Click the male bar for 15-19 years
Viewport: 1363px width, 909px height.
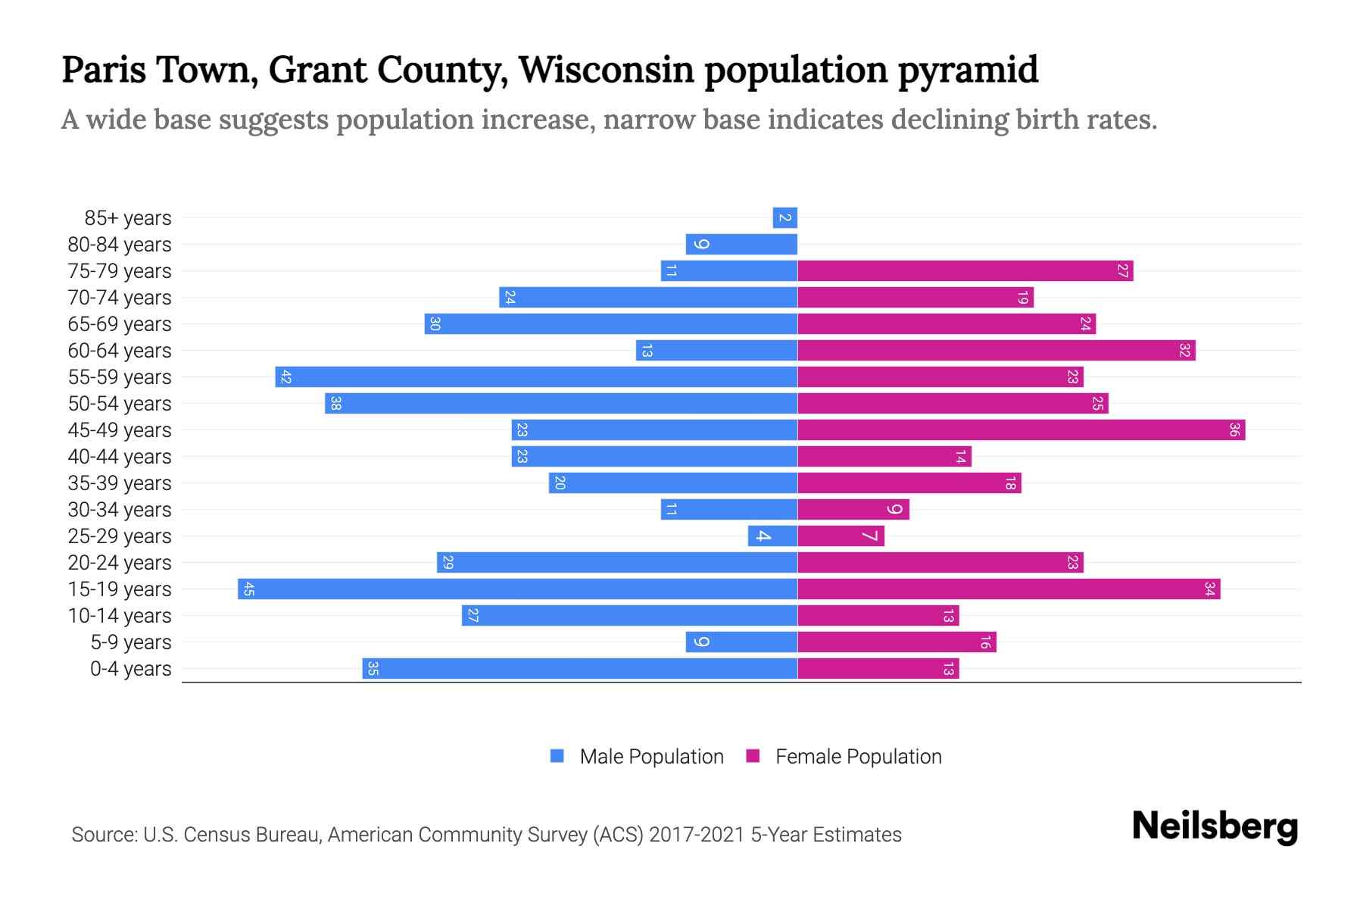[x=517, y=589]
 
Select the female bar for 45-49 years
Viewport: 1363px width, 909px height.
[x=1021, y=430]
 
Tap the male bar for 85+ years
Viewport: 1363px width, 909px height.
[x=784, y=217]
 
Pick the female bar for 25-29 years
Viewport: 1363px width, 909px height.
[x=841, y=536]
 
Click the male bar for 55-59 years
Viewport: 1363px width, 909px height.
[x=536, y=376]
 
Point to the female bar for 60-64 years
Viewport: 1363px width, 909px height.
[x=996, y=350]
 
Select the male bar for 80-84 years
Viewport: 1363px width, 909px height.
[x=741, y=244]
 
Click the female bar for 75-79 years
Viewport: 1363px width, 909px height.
[x=965, y=270]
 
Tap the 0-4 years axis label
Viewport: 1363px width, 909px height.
[x=130, y=669]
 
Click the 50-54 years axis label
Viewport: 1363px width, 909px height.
[x=120, y=404]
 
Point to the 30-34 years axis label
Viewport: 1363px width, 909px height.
[x=120, y=510]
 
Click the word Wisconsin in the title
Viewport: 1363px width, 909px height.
[x=606, y=70]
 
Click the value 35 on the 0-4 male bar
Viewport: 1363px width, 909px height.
[x=373, y=668]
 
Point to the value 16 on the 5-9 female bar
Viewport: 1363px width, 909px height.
[x=984, y=642]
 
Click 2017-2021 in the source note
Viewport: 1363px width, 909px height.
[x=697, y=835]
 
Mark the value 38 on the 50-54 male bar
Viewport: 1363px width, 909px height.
[x=335, y=403]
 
